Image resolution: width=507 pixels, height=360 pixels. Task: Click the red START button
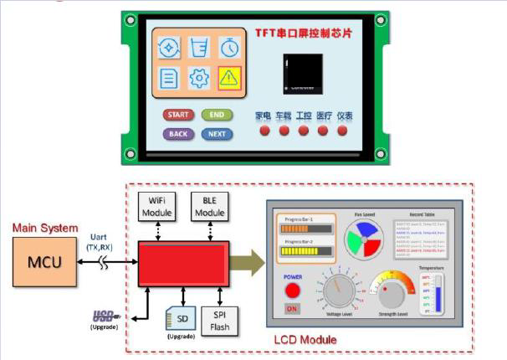[177, 115]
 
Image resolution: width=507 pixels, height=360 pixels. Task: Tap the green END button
[216, 115]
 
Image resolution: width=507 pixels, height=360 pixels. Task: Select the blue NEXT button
[216, 134]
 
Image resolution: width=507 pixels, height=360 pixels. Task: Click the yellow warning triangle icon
[228, 78]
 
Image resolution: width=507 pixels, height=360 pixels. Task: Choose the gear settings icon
[198, 78]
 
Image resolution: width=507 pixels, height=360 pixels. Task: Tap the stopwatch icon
[228, 49]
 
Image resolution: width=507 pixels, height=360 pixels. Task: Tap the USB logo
[104, 316]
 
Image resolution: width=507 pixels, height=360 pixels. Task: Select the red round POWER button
[293, 290]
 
